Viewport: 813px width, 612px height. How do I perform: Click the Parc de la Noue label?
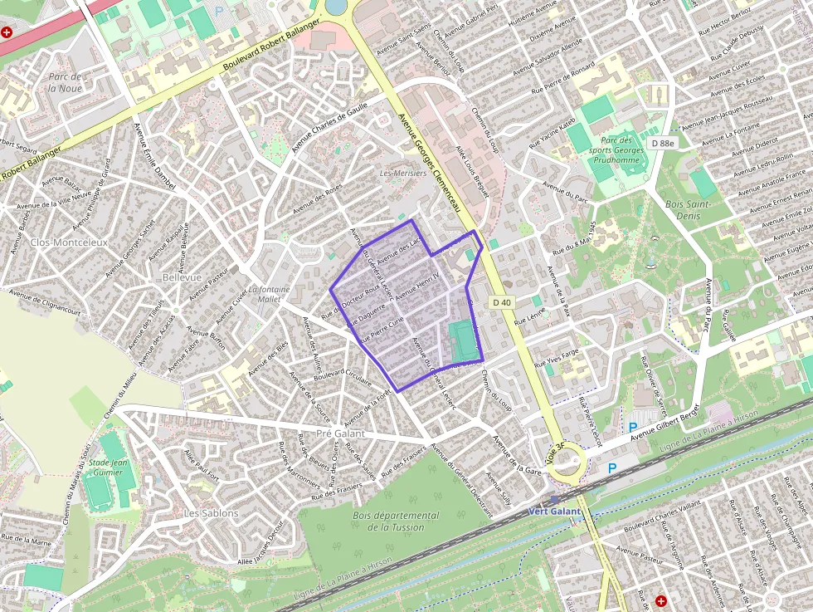pos(65,81)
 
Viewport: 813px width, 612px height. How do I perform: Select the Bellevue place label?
pos(183,277)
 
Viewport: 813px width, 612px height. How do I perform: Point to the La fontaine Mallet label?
pos(270,294)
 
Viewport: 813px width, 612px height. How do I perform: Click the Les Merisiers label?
pos(402,174)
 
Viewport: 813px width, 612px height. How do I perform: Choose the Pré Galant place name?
pos(340,433)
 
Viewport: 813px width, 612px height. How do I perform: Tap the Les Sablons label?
pos(212,513)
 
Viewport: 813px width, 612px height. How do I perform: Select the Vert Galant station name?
pos(554,512)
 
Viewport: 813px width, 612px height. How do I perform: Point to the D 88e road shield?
pos(663,143)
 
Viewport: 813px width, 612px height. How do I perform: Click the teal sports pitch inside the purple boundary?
pos(462,342)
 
